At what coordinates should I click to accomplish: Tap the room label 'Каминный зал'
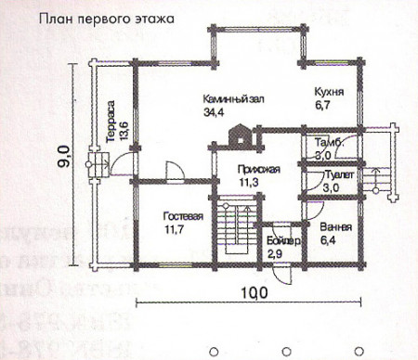232,96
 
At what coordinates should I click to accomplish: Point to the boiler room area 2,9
275,253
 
